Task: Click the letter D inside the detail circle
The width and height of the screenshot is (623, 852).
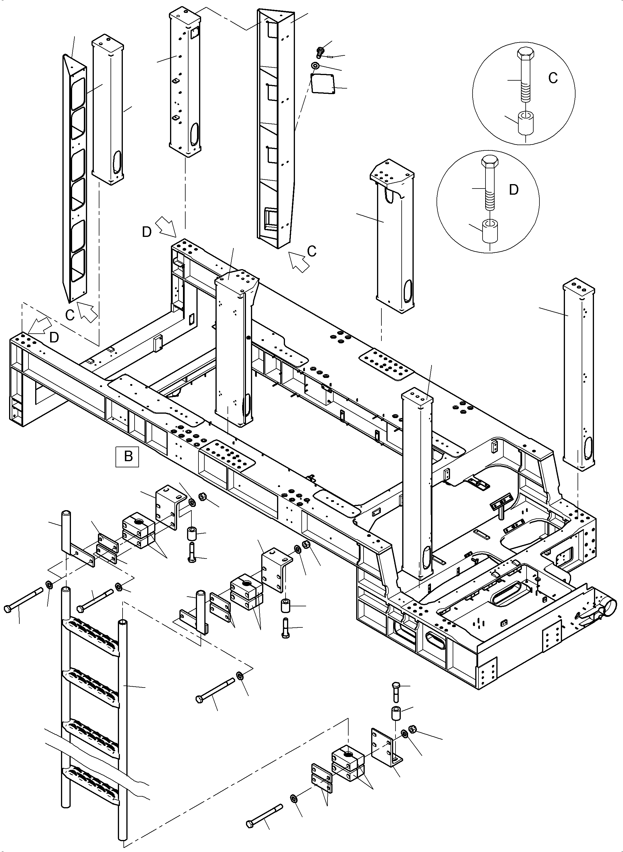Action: click(x=514, y=190)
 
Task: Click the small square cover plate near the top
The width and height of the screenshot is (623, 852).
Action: click(x=322, y=83)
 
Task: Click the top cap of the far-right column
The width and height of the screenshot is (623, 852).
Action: click(x=578, y=286)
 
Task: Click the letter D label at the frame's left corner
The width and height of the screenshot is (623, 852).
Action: click(x=54, y=337)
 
